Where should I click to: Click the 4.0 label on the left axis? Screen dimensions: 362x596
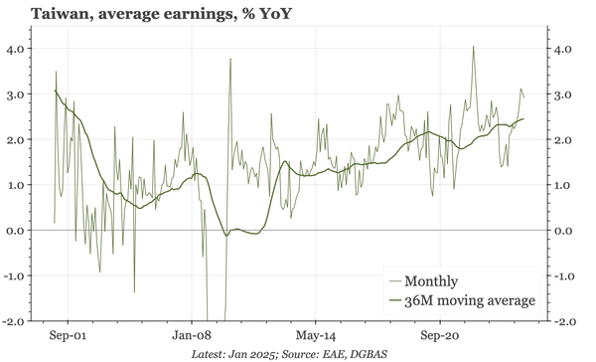pyautogui.click(x=17, y=49)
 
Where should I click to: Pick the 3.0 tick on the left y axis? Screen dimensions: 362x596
pyautogui.click(x=17, y=94)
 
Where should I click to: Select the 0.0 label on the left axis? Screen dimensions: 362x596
pyautogui.click(x=17, y=231)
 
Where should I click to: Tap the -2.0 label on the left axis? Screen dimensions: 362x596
pyautogui.click(x=15, y=321)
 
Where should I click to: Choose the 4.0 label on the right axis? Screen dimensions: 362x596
pyautogui.click(x=561, y=49)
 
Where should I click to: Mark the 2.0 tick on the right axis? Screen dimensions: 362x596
pyautogui.click(x=561, y=140)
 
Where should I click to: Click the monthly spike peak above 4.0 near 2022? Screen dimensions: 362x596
pyautogui.click(x=474, y=46)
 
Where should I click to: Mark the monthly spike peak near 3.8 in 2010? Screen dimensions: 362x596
pyautogui.click(x=230, y=59)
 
